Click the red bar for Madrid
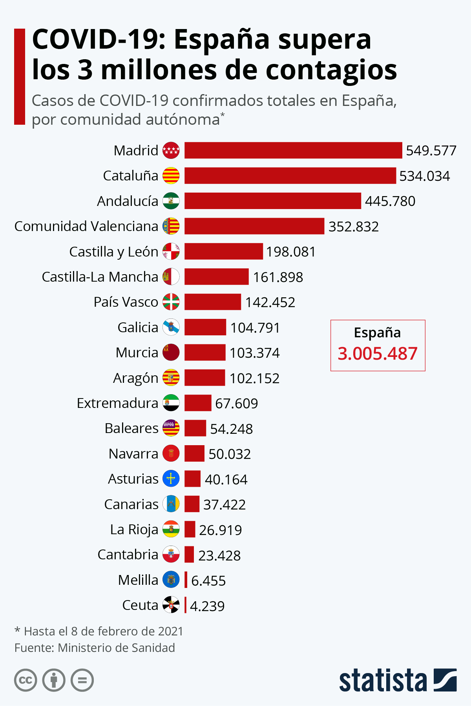point(293,150)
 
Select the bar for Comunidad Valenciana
point(254,226)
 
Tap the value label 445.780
point(390,201)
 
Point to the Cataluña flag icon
point(171,176)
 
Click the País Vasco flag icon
point(171,302)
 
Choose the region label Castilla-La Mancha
point(100,277)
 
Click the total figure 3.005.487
point(378,353)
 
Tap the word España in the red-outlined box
point(377,333)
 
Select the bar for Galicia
point(205,327)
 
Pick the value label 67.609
point(236,404)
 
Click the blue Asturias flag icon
point(171,479)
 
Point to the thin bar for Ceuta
point(186,605)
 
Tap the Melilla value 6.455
point(208,581)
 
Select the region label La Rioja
point(134,529)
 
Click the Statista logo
point(398,681)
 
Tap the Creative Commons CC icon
point(26,680)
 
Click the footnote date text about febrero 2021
point(99,631)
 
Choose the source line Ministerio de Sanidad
point(95,648)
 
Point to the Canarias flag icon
point(171,504)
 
